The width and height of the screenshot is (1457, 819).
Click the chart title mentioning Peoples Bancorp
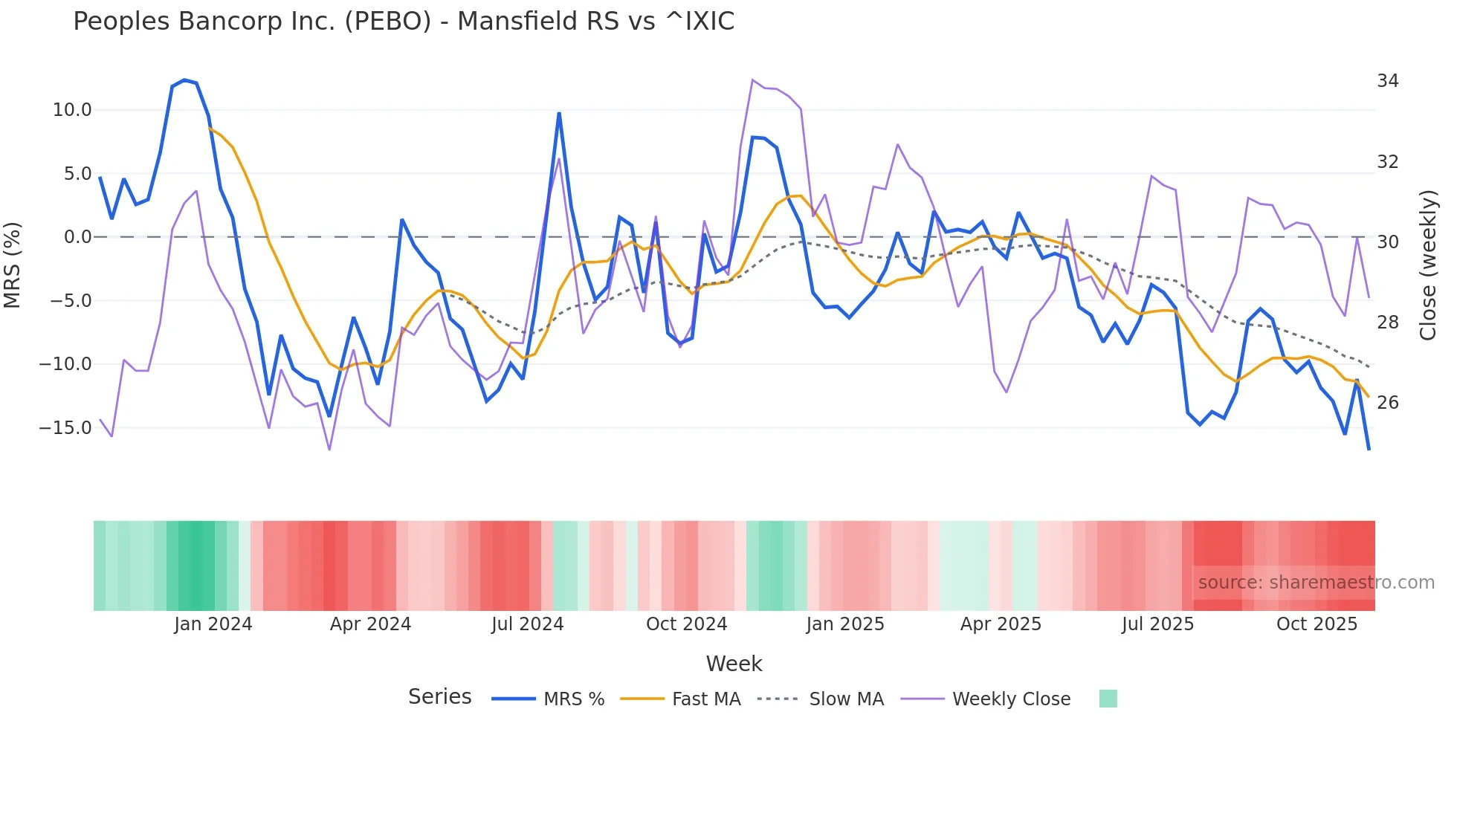[x=404, y=21]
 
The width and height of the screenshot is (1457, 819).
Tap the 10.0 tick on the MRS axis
[x=72, y=110]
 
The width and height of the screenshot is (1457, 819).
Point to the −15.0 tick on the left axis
[x=66, y=428]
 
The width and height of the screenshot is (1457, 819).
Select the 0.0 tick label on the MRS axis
[x=77, y=237]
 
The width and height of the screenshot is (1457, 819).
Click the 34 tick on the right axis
[x=1387, y=80]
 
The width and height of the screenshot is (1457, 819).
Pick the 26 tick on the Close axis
[x=1387, y=403]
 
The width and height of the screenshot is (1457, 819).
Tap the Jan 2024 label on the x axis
[x=213, y=624]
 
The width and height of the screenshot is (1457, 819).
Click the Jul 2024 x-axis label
[x=527, y=624]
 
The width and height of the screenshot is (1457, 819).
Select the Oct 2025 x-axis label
[x=1317, y=624]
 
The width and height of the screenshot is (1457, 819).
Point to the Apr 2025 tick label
[x=1001, y=624]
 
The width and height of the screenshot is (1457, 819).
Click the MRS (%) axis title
[x=13, y=265]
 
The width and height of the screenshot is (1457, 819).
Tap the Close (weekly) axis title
[x=1428, y=265]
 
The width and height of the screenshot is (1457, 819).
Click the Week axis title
[x=734, y=664]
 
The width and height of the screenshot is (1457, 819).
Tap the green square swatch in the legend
[x=1108, y=699]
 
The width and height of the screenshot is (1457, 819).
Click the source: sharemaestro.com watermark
[x=1316, y=583]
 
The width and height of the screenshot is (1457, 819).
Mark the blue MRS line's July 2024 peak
[x=559, y=114]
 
